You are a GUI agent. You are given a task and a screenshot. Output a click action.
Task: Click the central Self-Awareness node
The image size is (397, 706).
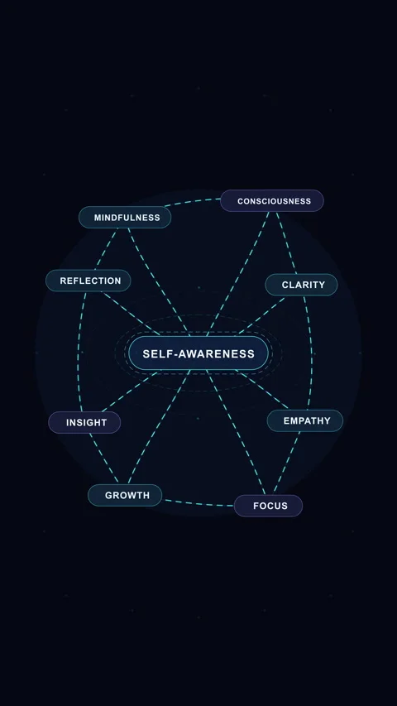pos(198,353)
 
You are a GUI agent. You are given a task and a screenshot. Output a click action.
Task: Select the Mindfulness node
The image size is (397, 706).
pos(125,218)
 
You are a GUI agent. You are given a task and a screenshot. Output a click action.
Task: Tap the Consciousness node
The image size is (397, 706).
pos(272,201)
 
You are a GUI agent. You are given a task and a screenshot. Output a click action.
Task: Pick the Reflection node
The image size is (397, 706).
pos(88,281)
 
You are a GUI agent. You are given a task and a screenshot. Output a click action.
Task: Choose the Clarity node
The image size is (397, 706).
pos(301,285)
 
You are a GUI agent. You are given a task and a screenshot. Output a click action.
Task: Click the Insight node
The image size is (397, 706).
pos(84,422)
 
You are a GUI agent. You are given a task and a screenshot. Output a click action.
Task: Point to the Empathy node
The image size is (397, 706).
pos(305,420)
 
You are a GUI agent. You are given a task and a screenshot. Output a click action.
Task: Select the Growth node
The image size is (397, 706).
pos(125,495)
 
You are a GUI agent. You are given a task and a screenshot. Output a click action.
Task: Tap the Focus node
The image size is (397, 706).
pos(268,506)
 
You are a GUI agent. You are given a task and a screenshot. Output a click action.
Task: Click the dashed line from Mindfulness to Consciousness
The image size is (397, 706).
pos(192,201)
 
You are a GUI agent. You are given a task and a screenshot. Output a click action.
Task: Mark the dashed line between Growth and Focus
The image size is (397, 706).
pos(199,504)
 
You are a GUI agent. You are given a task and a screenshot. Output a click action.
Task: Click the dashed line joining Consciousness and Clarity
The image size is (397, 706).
pos(286,243)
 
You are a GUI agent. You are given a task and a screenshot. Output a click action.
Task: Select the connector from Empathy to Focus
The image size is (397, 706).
pos(286,463)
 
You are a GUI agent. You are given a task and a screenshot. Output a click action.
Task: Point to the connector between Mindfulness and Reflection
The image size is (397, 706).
pos(106,248)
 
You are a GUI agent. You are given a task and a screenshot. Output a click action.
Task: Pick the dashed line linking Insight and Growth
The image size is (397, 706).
pos(103,459)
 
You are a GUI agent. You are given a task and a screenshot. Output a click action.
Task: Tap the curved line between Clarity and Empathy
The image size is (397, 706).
pos(311,353)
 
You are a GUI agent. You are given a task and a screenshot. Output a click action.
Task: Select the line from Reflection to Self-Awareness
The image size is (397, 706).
pos(131,314)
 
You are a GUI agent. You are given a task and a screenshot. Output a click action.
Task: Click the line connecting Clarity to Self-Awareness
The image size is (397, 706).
pos(261,315)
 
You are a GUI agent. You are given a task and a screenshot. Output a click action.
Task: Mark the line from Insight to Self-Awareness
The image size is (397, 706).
pos(131,391)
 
